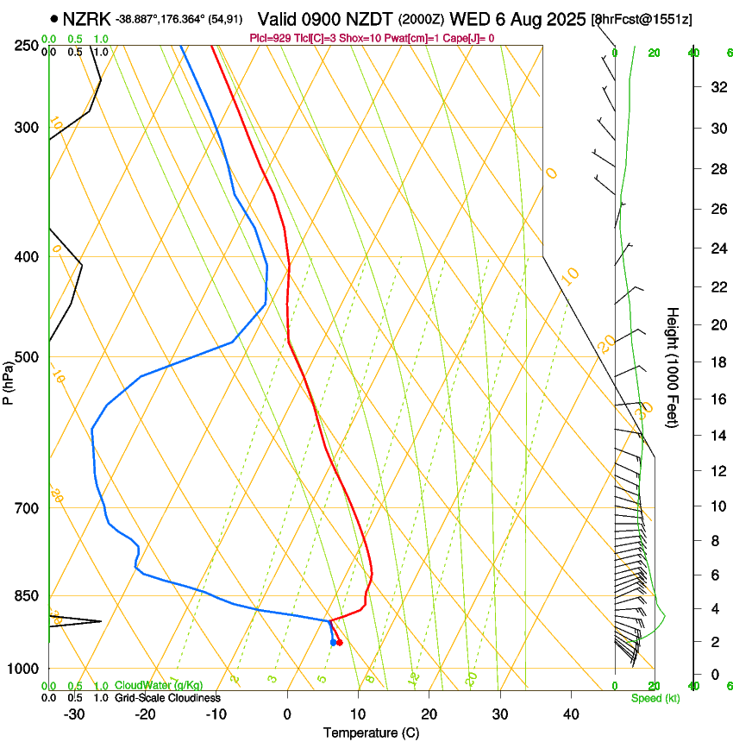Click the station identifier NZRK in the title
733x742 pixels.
[85, 18]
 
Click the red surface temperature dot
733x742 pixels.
[340, 643]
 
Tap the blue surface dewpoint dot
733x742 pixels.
[333, 643]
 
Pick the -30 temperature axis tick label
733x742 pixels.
[74, 714]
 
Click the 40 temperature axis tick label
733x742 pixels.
[571, 714]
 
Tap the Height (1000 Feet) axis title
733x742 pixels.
[673, 367]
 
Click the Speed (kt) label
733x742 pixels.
[655, 698]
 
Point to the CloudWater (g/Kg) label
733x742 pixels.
[159, 686]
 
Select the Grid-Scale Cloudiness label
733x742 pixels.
[167, 698]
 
